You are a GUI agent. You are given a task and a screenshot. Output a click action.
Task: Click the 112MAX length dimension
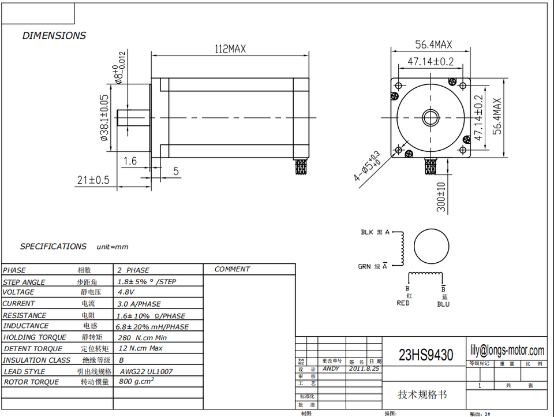pos(230,49)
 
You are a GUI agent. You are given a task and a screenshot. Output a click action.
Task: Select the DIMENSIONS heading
pos(54,36)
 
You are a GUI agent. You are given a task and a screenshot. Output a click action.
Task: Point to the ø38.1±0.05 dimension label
pos(104,118)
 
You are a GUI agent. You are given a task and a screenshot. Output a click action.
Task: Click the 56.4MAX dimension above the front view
pos(433,44)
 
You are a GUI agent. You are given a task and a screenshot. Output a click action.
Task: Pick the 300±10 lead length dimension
pos(441,197)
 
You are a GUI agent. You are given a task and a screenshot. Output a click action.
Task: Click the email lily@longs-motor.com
pos(507,351)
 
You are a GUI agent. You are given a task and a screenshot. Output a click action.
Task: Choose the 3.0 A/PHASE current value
pos(140,304)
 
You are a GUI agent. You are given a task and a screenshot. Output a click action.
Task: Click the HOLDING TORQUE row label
pos(35,337)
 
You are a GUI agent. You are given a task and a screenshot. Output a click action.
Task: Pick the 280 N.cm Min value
pos(143,337)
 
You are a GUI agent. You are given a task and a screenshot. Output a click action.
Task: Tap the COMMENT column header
pos(232,269)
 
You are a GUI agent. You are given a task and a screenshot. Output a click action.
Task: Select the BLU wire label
pos(443,304)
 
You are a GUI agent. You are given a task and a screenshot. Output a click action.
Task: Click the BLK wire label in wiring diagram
pos(367,232)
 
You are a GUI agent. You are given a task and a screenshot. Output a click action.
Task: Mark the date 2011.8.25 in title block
pos(364,368)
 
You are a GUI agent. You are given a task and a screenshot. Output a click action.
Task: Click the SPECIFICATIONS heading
pos(53,247)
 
